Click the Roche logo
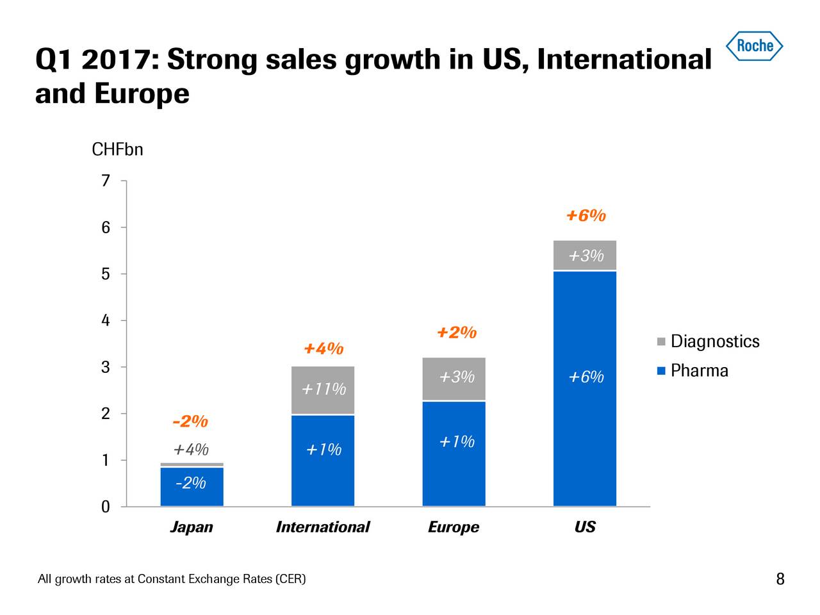click(754, 45)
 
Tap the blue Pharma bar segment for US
click(584, 416)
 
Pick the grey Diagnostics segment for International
click(323, 390)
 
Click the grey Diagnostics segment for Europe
click(454, 379)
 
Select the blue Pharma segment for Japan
click(192, 487)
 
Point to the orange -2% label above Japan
click(190, 422)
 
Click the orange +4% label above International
click(324, 349)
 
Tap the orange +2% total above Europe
click(456, 333)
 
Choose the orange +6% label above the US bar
click(586, 216)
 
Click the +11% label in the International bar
click(324, 389)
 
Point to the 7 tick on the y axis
click(106, 181)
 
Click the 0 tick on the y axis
click(106, 507)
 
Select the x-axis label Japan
click(192, 527)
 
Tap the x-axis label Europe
click(454, 527)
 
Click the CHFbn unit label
click(117, 150)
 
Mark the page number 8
click(780, 580)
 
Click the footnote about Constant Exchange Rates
click(172, 580)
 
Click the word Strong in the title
click(213, 60)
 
